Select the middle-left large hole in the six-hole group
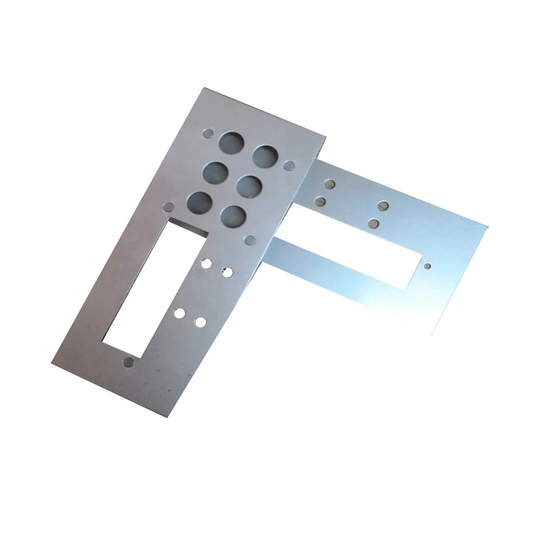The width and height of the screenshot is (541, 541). point(214,173)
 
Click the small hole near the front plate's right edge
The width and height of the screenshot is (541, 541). point(291,164)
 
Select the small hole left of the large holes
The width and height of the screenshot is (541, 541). point(169,206)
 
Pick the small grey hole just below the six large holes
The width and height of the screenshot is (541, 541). point(250,239)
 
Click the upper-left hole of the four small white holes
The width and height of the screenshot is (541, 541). point(206,263)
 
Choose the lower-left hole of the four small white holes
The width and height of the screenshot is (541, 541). point(179,312)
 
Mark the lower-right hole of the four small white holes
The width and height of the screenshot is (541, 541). point(201,322)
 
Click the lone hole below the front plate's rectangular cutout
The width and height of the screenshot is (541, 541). point(128,362)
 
